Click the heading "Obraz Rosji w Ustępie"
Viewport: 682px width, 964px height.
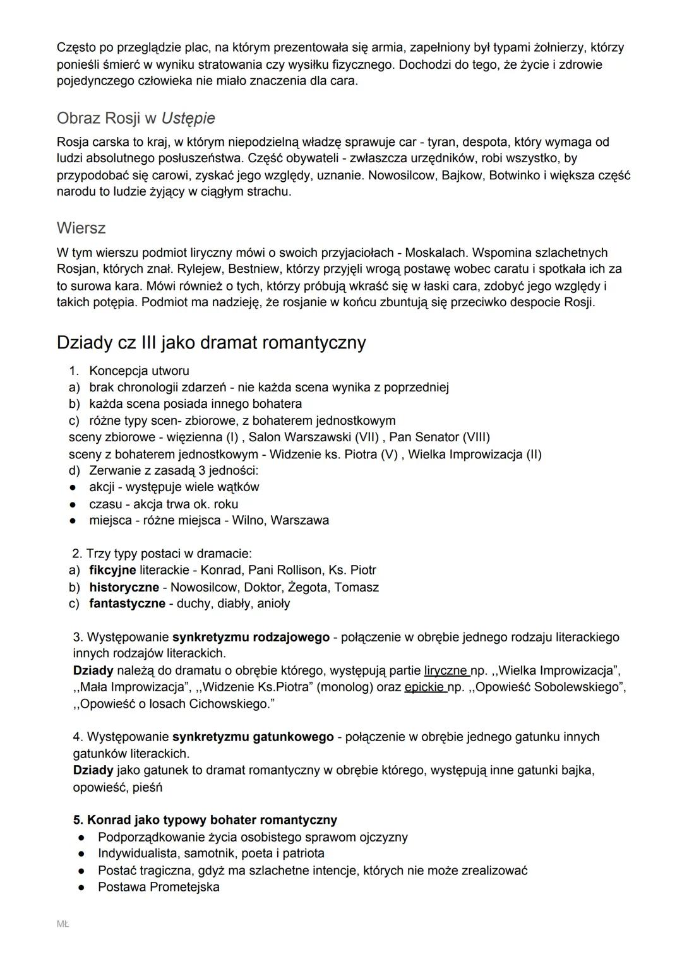point(136,118)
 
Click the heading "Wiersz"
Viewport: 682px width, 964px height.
point(81,228)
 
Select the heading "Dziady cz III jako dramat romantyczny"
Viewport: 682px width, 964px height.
point(211,343)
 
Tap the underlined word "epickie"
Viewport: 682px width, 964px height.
point(425,687)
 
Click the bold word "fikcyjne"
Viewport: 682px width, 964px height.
point(112,570)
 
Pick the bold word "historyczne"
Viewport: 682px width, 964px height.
point(124,587)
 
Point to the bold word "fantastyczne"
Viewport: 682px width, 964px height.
point(127,604)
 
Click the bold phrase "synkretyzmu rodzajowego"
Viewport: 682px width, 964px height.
point(251,637)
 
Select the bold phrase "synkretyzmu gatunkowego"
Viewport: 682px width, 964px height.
point(253,737)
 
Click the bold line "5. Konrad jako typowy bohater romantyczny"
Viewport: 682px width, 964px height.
point(205,820)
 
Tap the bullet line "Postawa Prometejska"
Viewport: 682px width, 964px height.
point(159,887)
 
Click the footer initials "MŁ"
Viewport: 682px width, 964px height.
point(63,924)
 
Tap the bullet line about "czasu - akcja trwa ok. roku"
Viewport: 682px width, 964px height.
point(164,504)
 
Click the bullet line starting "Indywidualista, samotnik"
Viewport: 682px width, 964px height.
point(211,854)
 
